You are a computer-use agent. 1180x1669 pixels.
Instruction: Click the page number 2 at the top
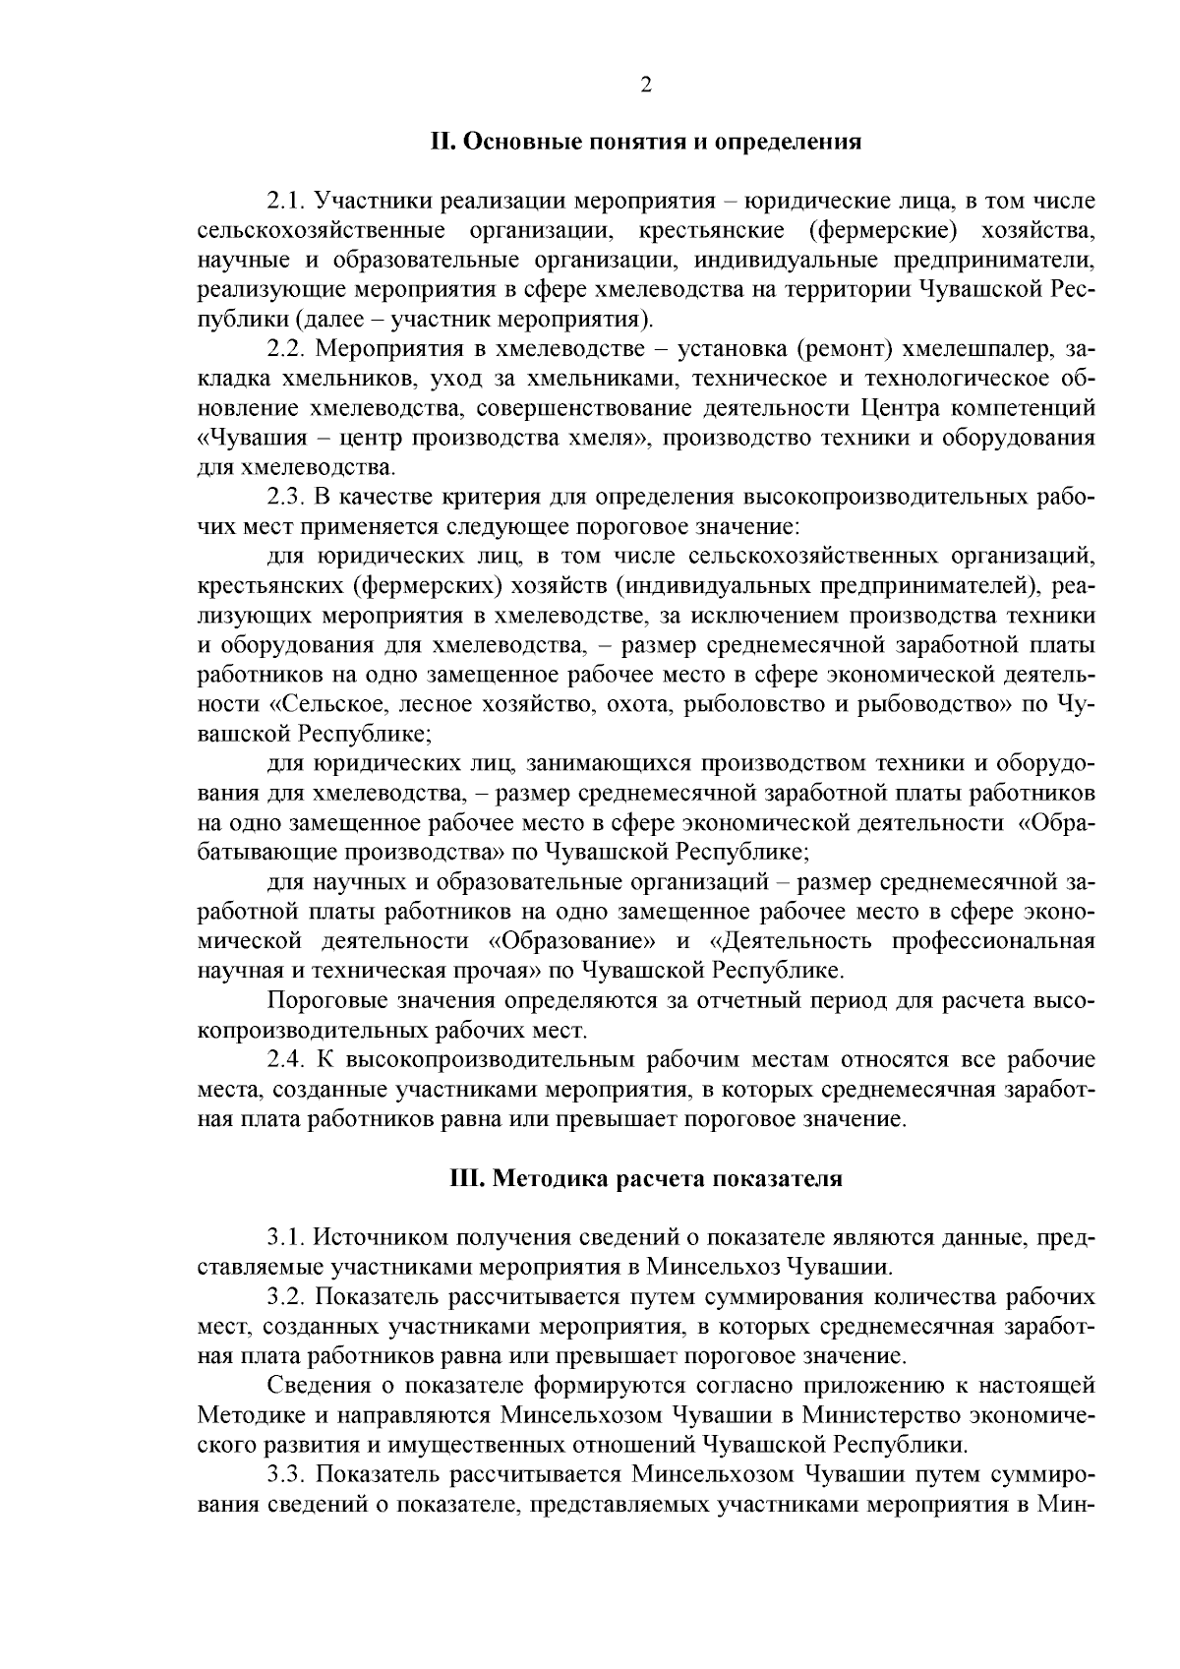(x=646, y=85)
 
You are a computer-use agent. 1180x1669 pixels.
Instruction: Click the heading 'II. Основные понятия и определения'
(x=646, y=143)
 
